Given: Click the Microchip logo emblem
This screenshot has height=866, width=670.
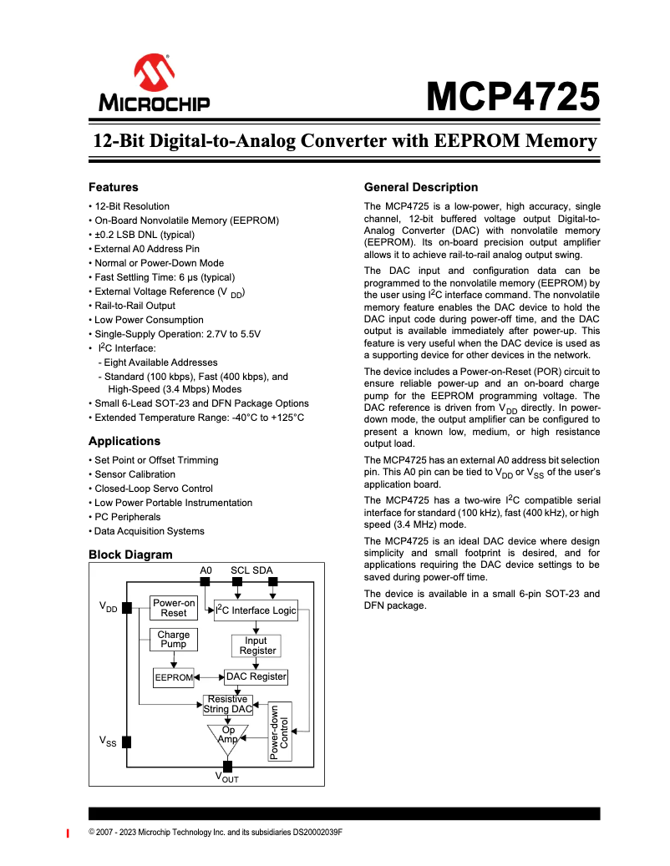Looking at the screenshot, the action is click(154, 74).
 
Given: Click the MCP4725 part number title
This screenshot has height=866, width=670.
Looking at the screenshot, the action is click(513, 97).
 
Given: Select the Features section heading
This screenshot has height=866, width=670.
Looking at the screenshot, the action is click(114, 187).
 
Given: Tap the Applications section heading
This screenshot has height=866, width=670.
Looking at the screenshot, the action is click(124, 441).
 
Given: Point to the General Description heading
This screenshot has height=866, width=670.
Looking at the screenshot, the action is click(421, 187).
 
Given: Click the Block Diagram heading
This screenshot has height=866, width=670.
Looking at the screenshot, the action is click(130, 555).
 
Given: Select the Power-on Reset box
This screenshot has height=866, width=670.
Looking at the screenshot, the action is click(174, 607).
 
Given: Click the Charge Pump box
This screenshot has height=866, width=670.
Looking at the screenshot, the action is click(174, 640).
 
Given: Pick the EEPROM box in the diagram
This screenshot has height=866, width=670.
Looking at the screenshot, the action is click(174, 677).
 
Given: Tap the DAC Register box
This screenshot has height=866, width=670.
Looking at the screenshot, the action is click(256, 676).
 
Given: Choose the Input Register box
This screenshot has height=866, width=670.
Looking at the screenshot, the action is click(256, 646).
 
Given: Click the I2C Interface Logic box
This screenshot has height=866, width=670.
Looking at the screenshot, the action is click(256, 610).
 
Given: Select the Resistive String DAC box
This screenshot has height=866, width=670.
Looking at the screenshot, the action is click(228, 704).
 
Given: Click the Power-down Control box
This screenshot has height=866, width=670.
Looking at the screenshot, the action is click(280, 731).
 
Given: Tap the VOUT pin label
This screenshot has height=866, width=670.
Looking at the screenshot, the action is click(227, 778).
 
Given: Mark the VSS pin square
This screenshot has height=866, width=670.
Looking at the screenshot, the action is click(127, 741).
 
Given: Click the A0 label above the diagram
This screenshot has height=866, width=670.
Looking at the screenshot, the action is click(206, 570).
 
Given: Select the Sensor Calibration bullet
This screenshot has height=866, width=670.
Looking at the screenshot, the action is click(135, 474).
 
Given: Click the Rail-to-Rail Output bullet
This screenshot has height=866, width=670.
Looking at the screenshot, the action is click(135, 306).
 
